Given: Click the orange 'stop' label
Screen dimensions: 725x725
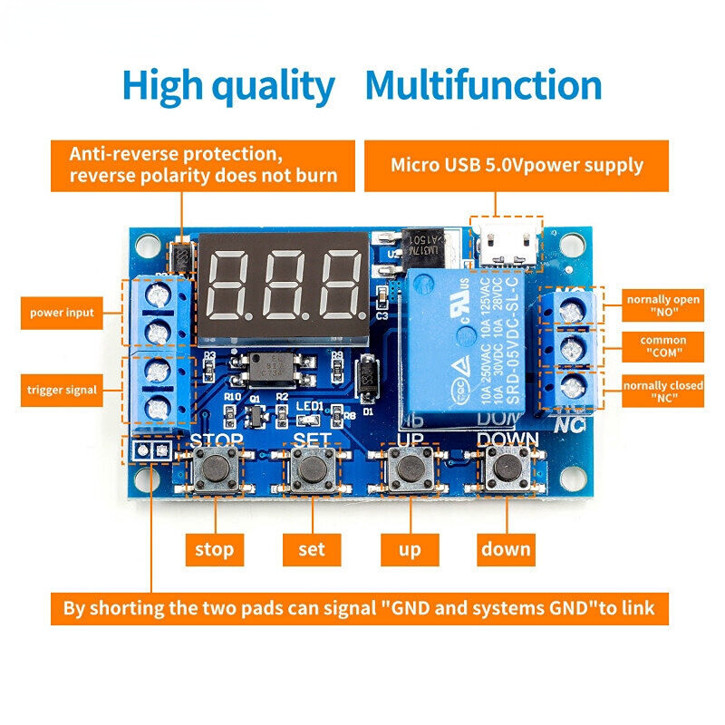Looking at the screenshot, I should pyautogui.click(x=215, y=548).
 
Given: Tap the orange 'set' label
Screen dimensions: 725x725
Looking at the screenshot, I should pyautogui.click(x=312, y=548).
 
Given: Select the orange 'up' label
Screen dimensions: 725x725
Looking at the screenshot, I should pyautogui.click(x=409, y=548).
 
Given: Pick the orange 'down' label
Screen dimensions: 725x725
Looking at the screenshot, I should pyautogui.click(x=506, y=548).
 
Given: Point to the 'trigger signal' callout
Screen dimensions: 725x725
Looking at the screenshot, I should pyautogui.click(x=63, y=391).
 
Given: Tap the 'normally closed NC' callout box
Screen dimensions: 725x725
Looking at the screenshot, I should pyautogui.click(x=663, y=391).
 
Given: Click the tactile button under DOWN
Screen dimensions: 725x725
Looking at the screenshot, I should pyautogui.click(x=506, y=469).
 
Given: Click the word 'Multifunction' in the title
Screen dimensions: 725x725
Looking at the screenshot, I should pyautogui.click(x=483, y=86).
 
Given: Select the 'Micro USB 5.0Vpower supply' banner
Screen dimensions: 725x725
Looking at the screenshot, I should pyautogui.click(x=517, y=165).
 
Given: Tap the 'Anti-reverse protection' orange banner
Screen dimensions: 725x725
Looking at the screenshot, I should pyautogui.click(x=203, y=165).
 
